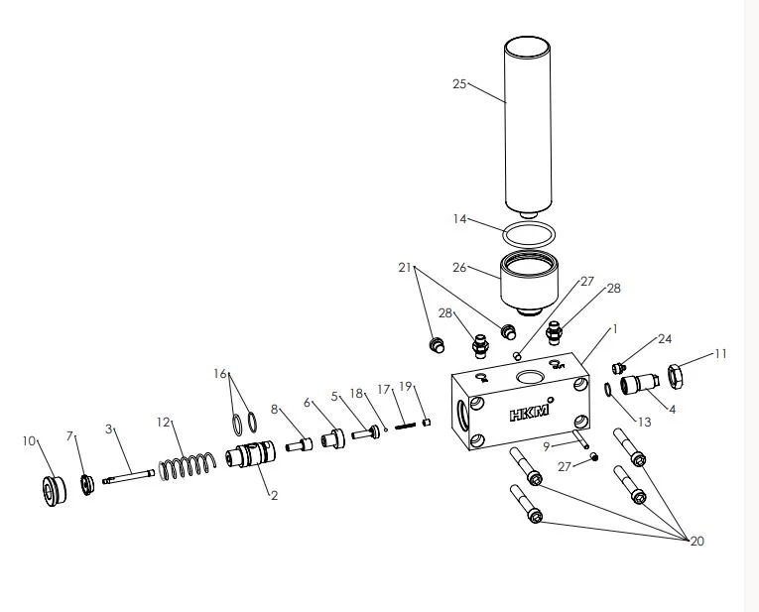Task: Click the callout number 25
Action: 459,84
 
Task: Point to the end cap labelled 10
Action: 54,491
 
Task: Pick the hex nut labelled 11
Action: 676,376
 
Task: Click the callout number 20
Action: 696,542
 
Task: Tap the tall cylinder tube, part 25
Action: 528,127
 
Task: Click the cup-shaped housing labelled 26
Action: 529,284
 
